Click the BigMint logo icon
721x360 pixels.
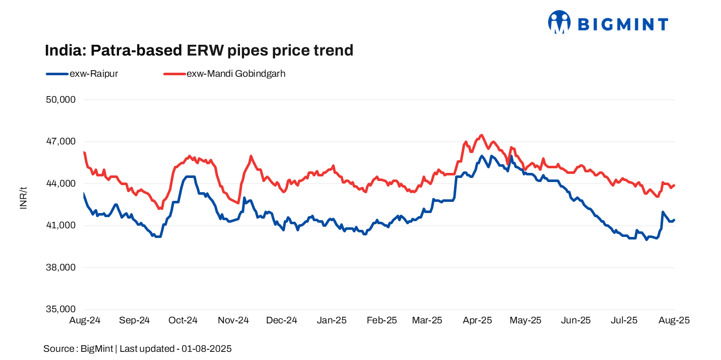(559, 22)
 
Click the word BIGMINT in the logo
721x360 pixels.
(623, 24)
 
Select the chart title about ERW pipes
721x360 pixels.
(199, 50)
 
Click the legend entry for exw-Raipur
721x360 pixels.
(82, 74)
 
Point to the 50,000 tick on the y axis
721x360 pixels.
(61, 100)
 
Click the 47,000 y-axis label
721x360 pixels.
(61, 142)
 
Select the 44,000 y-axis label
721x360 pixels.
(61, 184)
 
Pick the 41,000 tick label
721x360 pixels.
(61, 226)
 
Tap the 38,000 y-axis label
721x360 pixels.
(61, 267)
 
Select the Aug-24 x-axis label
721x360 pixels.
(84, 320)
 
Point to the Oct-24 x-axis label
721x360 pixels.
(183, 320)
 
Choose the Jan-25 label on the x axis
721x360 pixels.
(332, 320)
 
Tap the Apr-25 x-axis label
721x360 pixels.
(478, 320)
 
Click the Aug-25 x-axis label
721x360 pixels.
(675, 320)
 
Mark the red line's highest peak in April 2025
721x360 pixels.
(481, 135)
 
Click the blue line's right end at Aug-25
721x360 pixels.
(674, 220)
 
